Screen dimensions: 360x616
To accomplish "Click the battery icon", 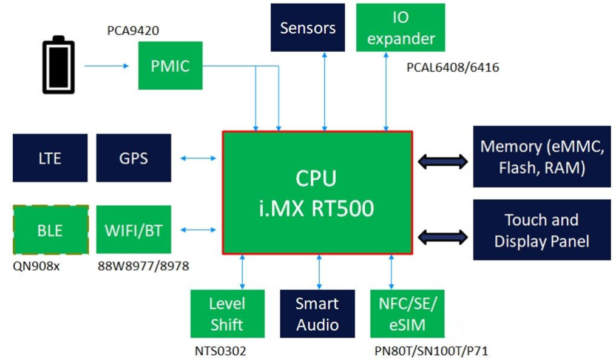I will [x=59, y=66].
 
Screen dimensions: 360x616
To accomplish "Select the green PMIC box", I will [x=169, y=66].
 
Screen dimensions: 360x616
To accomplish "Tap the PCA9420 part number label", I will [x=133, y=30].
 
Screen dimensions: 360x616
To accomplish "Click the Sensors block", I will [x=308, y=27].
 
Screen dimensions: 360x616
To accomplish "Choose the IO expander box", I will [x=400, y=27].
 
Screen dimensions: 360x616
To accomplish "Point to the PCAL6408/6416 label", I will [x=453, y=67].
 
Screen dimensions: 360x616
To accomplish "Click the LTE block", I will [x=50, y=158].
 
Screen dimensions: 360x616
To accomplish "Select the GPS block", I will [x=134, y=158].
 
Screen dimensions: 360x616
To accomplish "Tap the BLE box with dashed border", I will [x=50, y=230].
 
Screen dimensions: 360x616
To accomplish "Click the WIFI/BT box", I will [x=134, y=230].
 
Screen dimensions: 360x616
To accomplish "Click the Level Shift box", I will [x=226, y=313].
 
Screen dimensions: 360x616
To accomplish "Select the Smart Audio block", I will [x=317, y=313].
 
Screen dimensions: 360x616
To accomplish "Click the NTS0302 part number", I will [x=220, y=350].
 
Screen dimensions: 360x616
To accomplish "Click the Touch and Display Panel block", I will [x=541, y=230].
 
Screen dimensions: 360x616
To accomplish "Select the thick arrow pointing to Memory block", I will [x=443, y=161].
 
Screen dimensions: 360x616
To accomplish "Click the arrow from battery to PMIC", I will [x=107, y=66].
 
